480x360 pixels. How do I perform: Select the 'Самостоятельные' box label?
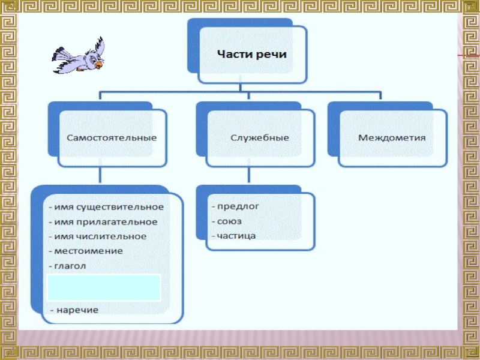coord(112,137)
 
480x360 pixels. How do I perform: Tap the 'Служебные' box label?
coord(260,137)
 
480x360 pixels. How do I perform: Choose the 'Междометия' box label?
coord(392,137)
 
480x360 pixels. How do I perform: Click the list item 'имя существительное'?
coord(109,207)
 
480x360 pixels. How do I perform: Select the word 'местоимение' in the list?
coord(88,251)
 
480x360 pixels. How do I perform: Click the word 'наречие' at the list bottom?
coord(77,310)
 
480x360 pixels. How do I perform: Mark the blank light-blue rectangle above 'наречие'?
coord(104,287)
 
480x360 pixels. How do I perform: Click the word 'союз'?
coord(230,221)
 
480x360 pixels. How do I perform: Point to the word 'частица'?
coord(236,236)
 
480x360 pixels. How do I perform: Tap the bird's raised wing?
coord(97,46)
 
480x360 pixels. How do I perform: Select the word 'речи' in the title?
coord(272,54)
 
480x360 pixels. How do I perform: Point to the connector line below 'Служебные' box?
coord(248,175)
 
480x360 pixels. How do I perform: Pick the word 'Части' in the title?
coord(236,54)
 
